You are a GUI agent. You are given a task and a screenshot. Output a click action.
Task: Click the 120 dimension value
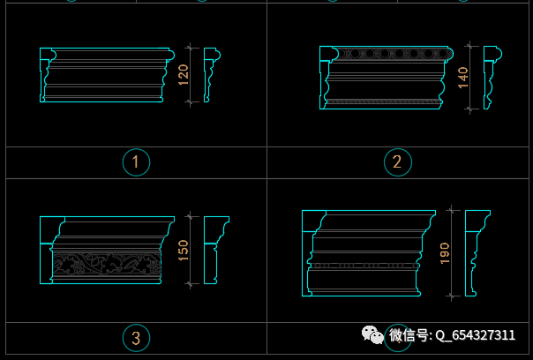[x=184, y=75]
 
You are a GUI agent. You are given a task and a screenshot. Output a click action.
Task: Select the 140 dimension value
[x=463, y=78]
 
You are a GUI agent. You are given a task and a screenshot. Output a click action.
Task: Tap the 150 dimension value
[x=184, y=251]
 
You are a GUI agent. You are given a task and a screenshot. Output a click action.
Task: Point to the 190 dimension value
[x=445, y=253]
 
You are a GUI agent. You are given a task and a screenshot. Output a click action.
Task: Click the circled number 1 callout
[x=136, y=162]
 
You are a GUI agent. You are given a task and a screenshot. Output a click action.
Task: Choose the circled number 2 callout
[x=398, y=162]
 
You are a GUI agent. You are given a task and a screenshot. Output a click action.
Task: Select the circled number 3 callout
[x=136, y=338]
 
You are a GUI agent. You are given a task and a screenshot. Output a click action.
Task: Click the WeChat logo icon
[x=372, y=334]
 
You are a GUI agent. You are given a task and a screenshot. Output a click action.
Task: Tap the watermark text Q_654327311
[x=476, y=335]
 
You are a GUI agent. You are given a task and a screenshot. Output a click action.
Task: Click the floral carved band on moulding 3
[x=107, y=264]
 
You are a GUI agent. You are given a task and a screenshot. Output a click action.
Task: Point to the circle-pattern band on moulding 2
[x=393, y=53]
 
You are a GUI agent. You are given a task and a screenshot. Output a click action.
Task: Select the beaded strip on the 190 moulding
[x=364, y=266]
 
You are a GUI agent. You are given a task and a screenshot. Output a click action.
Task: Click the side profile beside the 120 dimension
[x=212, y=75]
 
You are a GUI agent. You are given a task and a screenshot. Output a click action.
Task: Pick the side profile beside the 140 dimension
[x=492, y=78]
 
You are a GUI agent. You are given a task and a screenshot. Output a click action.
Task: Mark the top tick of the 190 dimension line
[x=451, y=210]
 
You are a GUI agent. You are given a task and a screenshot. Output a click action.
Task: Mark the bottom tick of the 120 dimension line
[x=190, y=101]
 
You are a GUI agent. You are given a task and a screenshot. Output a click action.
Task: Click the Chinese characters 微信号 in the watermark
[x=409, y=335]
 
